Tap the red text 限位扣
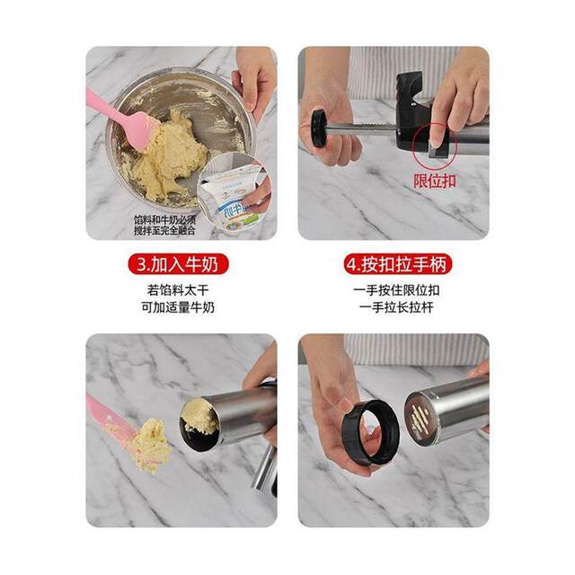436,180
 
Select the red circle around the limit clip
433,138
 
